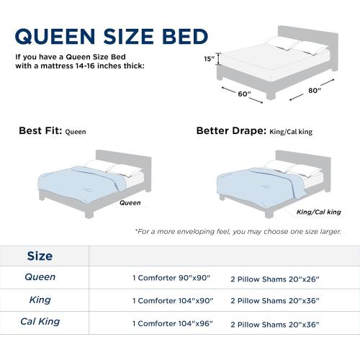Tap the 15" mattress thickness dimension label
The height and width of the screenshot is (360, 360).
[x=208, y=60]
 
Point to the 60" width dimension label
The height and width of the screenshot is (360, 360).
[x=246, y=94]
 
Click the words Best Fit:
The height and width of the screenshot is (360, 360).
[x=40, y=132]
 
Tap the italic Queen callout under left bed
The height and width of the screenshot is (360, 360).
[x=130, y=203]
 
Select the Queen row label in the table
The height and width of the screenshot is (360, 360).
[x=40, y=277]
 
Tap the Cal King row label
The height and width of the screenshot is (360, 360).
[x=40, y=322]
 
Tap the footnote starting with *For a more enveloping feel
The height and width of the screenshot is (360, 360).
[x=238, y=232]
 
